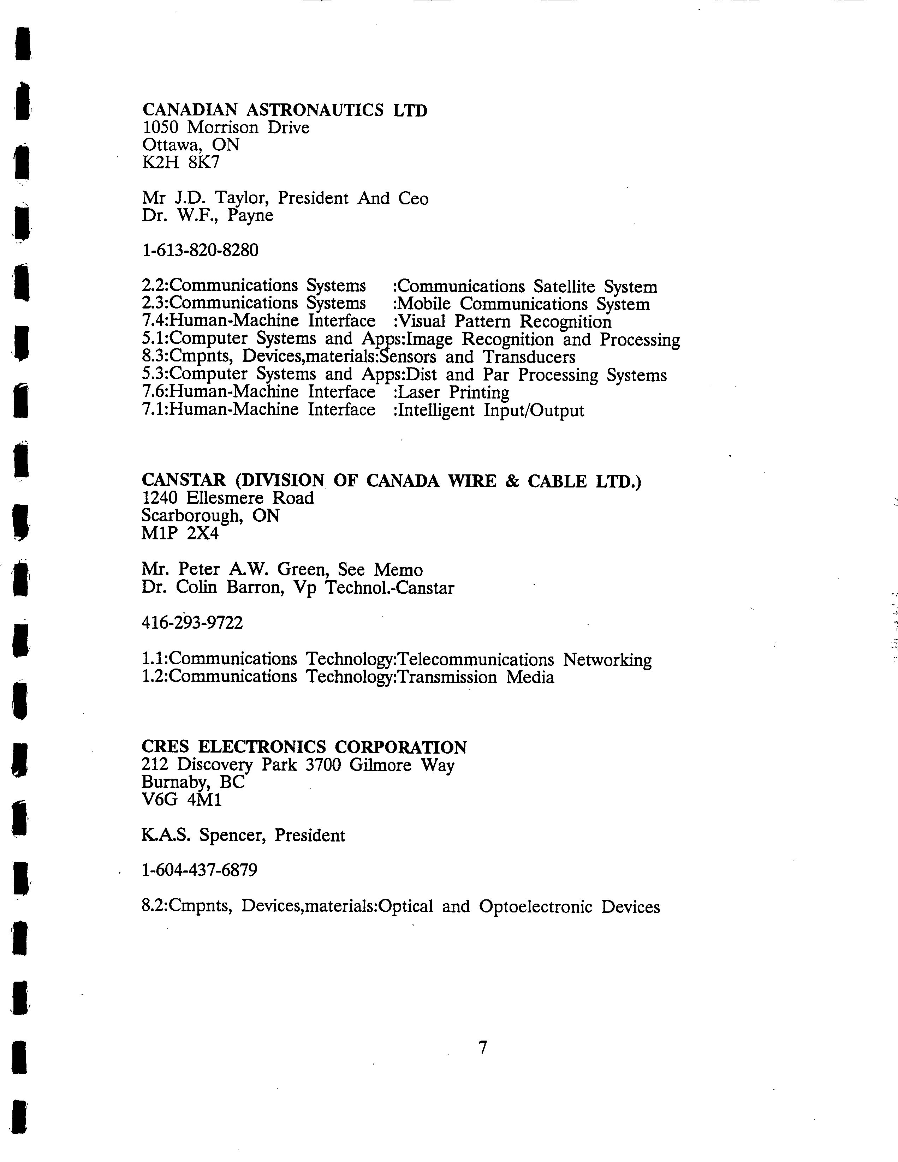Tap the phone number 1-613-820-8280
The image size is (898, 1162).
point(200,250)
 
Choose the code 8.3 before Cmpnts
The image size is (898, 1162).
point(153,357)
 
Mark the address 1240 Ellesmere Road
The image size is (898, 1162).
point(227,498)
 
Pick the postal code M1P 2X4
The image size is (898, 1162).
point(180,533)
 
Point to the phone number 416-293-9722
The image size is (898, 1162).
point(192,623)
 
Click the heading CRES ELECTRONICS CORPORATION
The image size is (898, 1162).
point(304,748)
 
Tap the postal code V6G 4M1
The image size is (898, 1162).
point(182,800)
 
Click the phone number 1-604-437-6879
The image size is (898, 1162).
point(200,870)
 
